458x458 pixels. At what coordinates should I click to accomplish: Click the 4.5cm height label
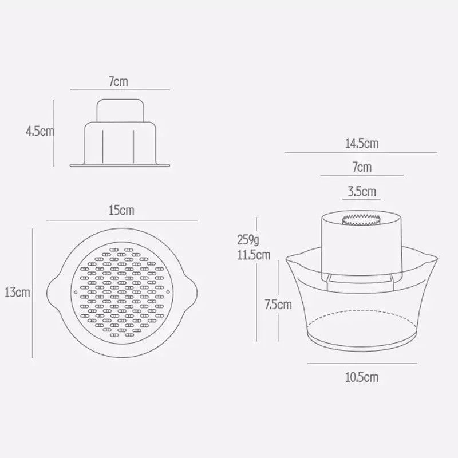(40, 131)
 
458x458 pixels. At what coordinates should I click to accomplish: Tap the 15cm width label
(121, 210)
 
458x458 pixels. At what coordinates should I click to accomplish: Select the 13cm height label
(17, 292)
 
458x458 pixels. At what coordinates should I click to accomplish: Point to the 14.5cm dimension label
(362, 144)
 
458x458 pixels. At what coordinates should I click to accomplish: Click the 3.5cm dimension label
(362, 192)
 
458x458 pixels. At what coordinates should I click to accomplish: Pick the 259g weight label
(248, 240)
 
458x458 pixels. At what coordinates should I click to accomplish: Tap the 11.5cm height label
(254, 255)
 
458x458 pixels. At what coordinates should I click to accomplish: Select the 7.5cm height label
(278, 305)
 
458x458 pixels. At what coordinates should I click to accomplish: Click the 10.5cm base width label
(362, 377)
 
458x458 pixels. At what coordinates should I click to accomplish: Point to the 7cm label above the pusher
(119, 81)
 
